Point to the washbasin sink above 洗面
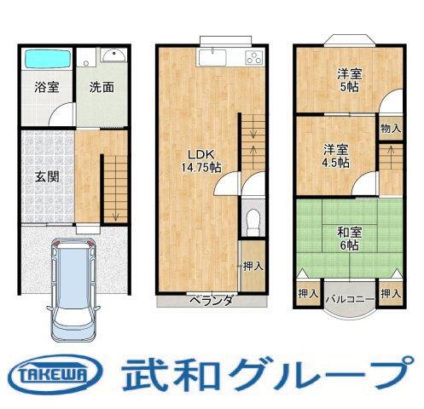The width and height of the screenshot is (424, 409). tap(111, 57)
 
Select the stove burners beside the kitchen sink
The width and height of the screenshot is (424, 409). tap(254, 58)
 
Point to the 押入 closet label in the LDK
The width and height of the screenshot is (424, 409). tap(253, 266)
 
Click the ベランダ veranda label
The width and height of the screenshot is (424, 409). tap(210, 300)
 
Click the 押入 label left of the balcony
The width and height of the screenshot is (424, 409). tap(308, 294)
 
